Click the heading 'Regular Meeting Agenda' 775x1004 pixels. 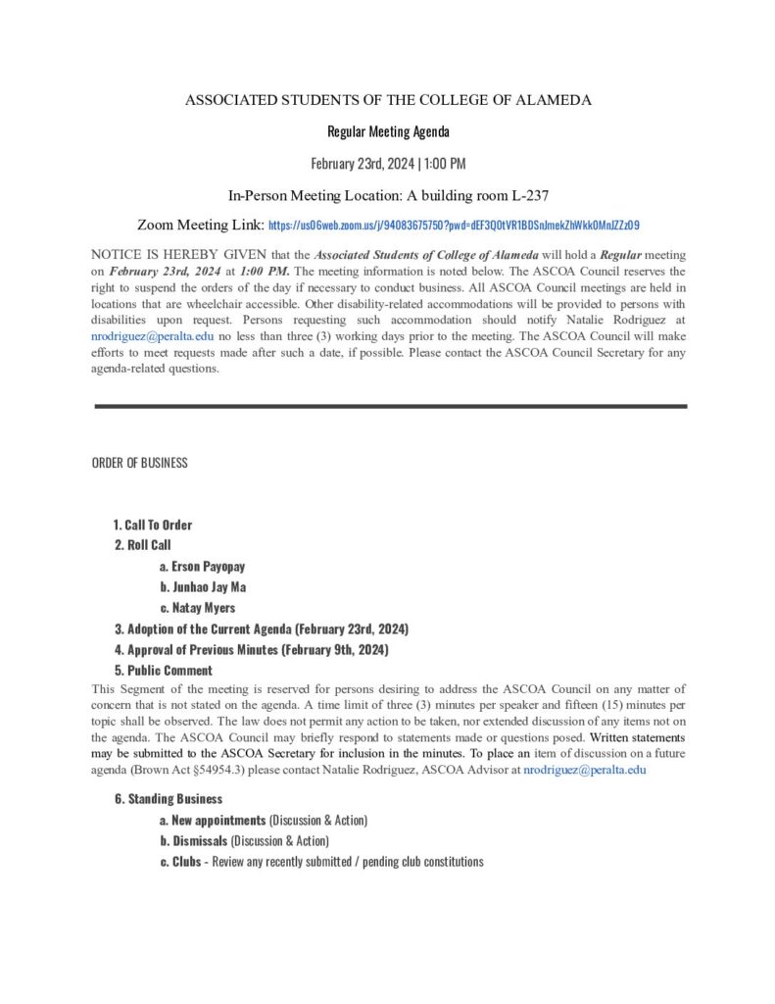[x=388, y=131]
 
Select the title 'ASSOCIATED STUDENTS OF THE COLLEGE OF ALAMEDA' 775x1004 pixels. [x=388, y=100]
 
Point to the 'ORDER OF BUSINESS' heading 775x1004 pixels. [x=139, y=463]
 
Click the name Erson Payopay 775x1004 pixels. [x=208, y=567]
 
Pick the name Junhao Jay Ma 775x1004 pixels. [x=209, y=587]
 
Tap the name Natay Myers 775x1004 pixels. [x=203, y=608]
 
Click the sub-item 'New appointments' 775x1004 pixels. [x=218, y=820]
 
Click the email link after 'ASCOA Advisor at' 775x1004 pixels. [x=584, y=771]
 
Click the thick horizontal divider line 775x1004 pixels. [x=390, y=406]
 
